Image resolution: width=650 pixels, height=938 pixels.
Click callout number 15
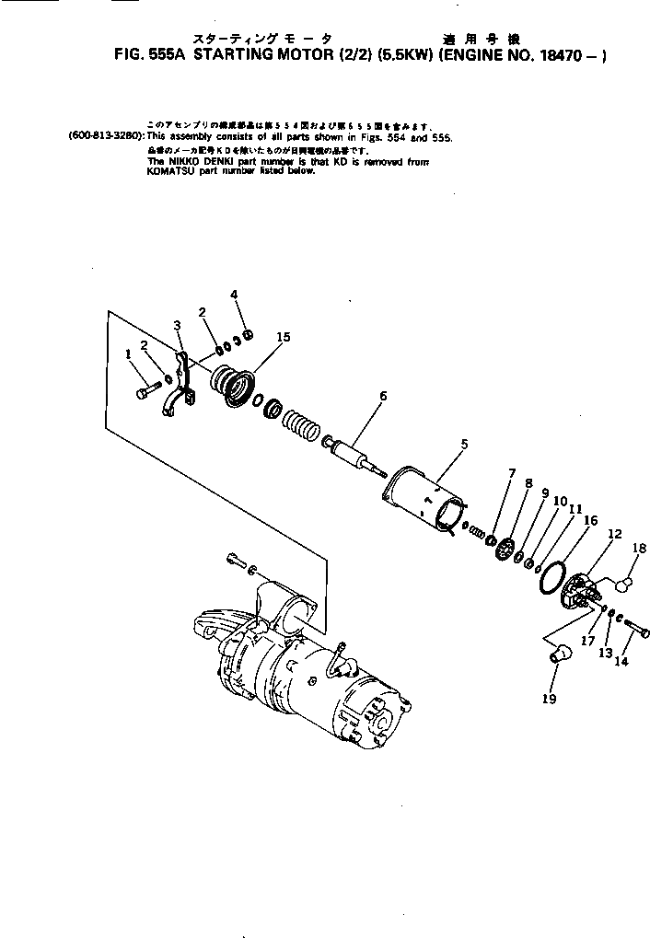click(283, 338)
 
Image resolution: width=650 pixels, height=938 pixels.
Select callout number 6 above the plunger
click(382, 396)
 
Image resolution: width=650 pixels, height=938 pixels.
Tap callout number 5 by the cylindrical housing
click(463, 444)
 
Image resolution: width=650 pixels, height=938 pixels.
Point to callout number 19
click(552, 697)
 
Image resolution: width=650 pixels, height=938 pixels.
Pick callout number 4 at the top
click(234, 295)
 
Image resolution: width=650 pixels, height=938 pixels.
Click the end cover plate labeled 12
click(581, 590)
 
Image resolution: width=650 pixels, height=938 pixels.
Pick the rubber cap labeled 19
click(558, 654)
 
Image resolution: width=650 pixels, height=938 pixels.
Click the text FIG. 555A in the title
click(148, 54)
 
